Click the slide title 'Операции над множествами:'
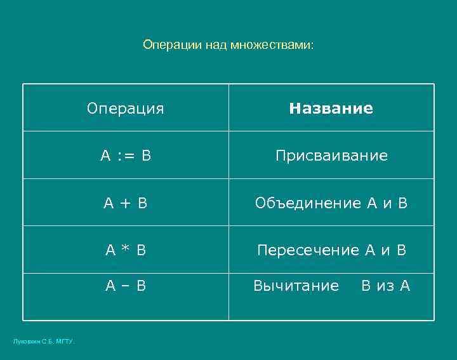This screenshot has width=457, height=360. point(228,45)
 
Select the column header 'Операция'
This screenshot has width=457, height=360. point(125,109)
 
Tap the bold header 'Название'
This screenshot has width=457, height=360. point(331,109)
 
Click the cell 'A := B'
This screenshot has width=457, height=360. point(125,156)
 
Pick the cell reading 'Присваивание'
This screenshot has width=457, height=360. point(331,156)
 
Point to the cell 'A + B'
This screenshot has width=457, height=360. point(125,203)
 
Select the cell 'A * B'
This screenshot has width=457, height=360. point(125,250)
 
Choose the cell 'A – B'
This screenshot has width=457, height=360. point(125,286)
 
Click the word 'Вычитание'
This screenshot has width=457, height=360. point(296,286)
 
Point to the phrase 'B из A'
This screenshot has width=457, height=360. point(386,286)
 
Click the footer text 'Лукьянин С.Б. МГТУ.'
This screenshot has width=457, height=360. point(44,342)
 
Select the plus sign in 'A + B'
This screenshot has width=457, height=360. point(125,204)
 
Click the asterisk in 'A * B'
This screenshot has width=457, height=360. point(125,250)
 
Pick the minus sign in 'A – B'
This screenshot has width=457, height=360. point(125,286)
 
